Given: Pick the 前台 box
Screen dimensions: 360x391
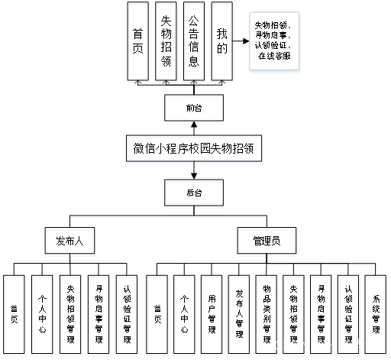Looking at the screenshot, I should (x=194, y=109).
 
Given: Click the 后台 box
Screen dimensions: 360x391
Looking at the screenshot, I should (x=194, y=195).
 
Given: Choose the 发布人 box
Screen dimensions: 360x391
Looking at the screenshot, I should (x=70, y=241).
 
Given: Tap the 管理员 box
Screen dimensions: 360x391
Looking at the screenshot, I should (x=267, y=241).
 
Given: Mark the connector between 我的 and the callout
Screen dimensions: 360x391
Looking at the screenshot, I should (x=240, y=43).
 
